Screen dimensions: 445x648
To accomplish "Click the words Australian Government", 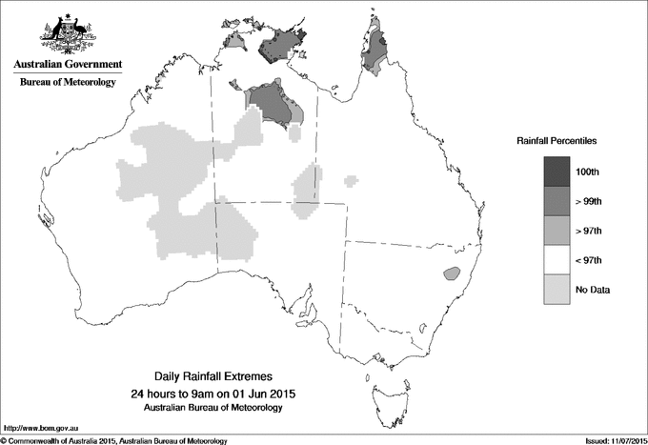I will pos(67,65).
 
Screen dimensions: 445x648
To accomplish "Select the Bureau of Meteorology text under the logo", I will pos(67,83).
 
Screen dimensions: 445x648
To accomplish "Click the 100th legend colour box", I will pos(557,172).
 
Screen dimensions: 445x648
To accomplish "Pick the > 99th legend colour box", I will pos(557,201).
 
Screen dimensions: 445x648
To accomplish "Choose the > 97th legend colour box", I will pos(557,231).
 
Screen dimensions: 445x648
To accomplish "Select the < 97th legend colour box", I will pos(557,260).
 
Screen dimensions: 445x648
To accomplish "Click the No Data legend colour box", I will pos(557,290).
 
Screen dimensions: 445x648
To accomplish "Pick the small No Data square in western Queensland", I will pos(353,178).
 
